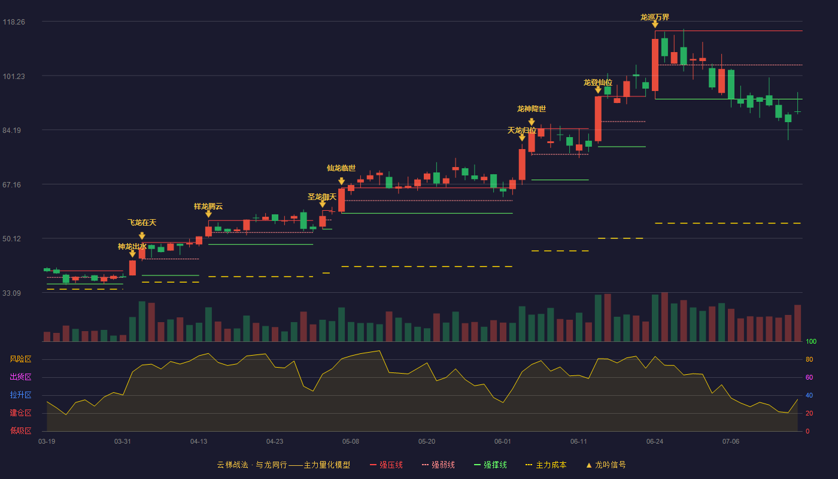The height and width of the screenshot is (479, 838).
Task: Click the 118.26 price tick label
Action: point(14,22)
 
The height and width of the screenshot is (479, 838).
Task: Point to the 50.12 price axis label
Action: point(11,239)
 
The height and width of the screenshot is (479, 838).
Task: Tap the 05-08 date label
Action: point(351,442)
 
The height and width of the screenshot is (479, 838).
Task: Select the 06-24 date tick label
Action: point(655,442)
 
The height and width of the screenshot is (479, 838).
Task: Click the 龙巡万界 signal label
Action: point(655,17)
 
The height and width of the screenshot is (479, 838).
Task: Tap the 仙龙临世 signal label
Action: point(341,168)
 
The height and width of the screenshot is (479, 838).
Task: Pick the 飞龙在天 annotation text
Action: point(142,223)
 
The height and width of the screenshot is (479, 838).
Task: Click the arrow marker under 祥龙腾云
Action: point(208,214)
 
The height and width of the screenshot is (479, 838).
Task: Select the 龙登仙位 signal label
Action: point(598,83)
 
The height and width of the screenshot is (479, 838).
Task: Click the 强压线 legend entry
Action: point(386,465)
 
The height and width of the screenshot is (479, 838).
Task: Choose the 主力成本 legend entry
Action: point(546,465)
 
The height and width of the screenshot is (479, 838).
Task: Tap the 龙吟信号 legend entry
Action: point(606,465)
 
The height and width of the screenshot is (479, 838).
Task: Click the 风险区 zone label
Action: point(20,359)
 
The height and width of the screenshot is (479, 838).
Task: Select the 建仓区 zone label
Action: point(20,413)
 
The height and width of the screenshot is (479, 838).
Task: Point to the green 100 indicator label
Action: point(811,341)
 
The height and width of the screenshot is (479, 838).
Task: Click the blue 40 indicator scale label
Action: point(809,395)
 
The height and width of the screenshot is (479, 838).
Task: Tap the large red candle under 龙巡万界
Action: point(655,65)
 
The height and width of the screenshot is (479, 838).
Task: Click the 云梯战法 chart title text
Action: point(233,465)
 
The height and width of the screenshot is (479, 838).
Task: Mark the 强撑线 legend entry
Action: point(490,465)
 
